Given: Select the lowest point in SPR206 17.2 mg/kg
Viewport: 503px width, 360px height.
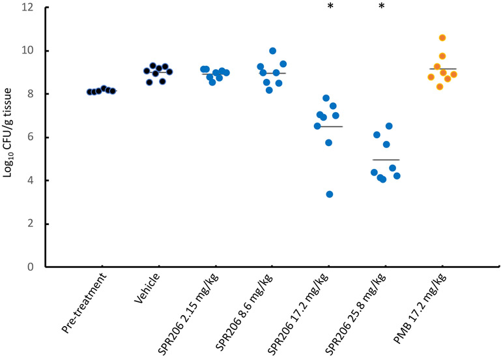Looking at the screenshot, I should [330, 194].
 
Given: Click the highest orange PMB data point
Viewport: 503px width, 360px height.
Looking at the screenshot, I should [442, 38].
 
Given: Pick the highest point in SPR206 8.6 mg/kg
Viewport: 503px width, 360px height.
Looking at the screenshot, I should [272, 51].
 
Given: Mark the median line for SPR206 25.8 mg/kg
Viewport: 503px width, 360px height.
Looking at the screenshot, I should [386, 160].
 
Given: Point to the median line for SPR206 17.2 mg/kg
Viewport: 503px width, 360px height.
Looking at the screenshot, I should [330, 127].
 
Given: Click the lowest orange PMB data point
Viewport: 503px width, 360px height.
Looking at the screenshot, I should [440, 87].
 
